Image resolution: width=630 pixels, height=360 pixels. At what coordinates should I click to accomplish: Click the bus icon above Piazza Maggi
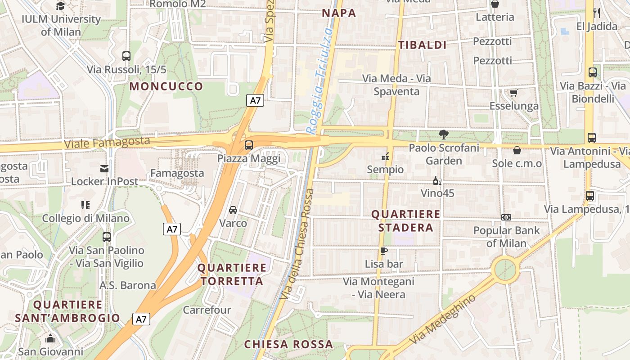click(248, 145)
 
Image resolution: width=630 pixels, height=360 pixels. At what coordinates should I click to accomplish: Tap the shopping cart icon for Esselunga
click(513, 93)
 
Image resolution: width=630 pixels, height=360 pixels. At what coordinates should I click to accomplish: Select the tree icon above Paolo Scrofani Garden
click(443, 134)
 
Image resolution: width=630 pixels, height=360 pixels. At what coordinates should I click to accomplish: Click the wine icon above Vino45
click(436, 180)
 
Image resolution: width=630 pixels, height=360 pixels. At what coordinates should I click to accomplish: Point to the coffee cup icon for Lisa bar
click(383, 251)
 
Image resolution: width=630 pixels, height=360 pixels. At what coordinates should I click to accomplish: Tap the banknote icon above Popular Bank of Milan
click(506, 217)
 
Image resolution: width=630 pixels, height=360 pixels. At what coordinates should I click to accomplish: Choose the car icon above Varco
click(233, 210)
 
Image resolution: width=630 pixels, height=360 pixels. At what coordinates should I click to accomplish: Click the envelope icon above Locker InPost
click(104, 168)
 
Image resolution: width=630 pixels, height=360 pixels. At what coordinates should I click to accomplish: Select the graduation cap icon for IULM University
click(60, 5)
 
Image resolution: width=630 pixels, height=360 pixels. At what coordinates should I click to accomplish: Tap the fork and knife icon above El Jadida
click(597, 13)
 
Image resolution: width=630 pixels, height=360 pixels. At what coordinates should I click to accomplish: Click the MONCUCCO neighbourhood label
click(166, 86)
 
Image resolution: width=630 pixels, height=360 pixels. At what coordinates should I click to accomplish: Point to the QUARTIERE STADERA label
click(406, 221)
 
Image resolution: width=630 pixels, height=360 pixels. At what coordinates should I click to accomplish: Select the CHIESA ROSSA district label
click(288, 344)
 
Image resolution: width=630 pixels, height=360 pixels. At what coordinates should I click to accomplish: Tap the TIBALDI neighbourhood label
click(422, 45)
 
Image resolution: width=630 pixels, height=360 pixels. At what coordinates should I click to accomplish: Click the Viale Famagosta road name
click(107, 143)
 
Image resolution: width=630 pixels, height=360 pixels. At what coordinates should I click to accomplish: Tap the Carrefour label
click(207, 310)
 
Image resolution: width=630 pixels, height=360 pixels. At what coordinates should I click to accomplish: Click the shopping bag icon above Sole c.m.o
click(517, 150)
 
